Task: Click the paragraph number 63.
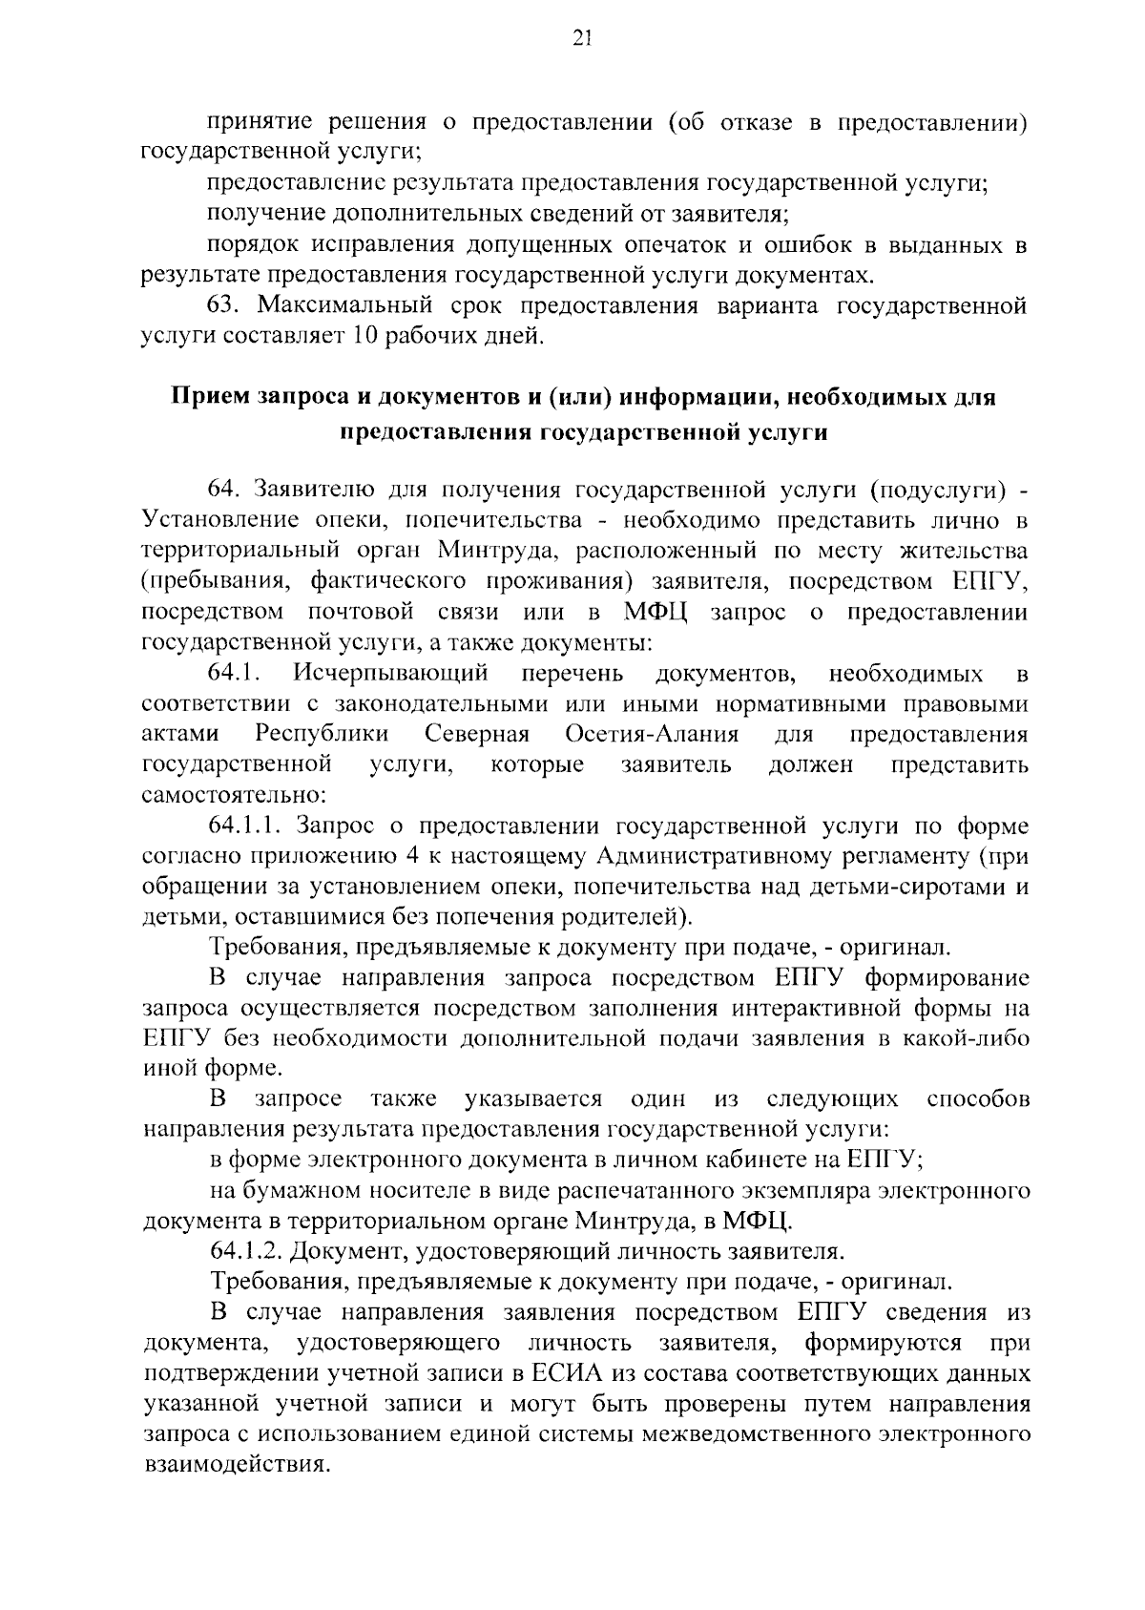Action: click(227, 306)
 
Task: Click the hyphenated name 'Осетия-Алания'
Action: click(652, 735)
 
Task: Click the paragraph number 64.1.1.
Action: click(245, 826)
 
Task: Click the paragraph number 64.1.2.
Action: click(246, 1252)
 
